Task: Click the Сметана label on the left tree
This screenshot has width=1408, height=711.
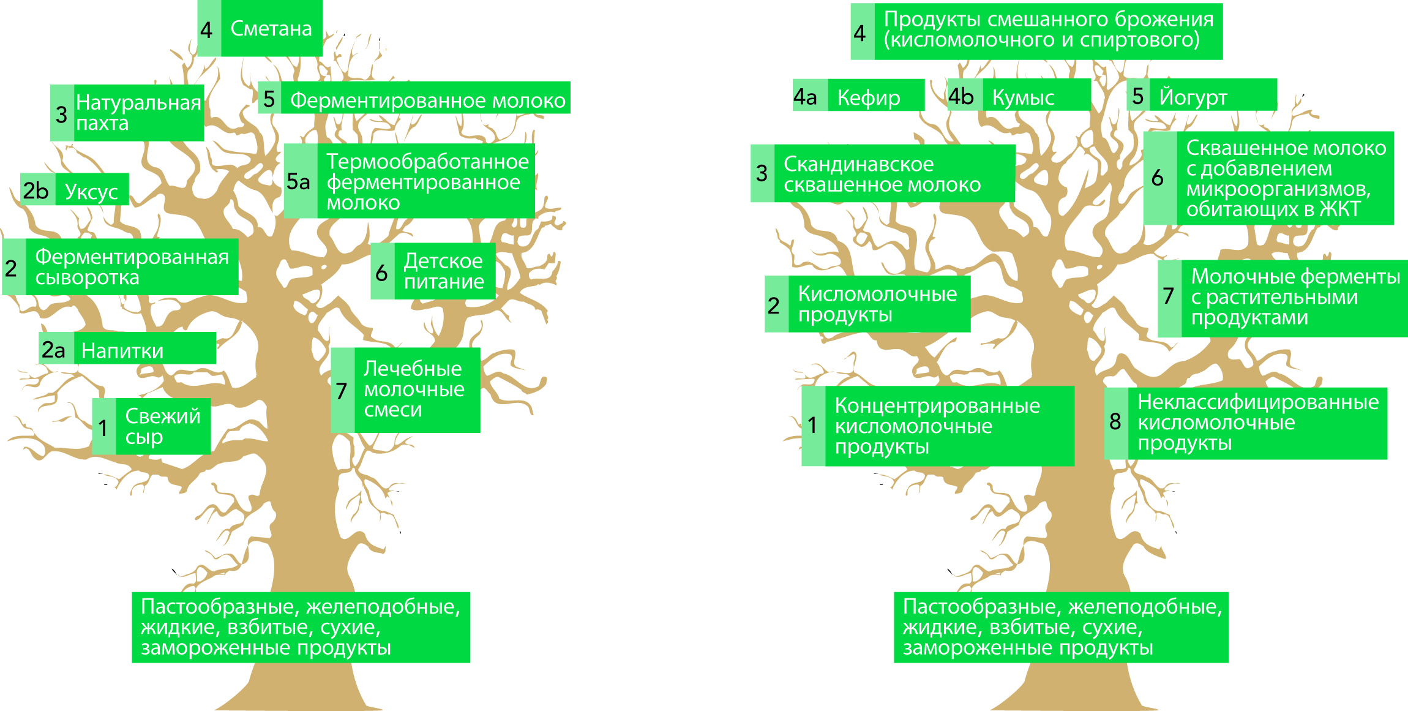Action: pyautogui.click(x=271, y=29)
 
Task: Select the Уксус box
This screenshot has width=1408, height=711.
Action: pyautogui.click(x=91, y=192)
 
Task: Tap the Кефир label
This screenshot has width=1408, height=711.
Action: pyautogui.click(x=869, y=97)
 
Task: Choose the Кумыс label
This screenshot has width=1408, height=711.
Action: pyautogui.click(x=1023, y=97)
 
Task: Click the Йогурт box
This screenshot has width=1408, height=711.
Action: pyautogui.click(x=1193, y=97)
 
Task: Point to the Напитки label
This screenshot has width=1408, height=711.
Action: pyautogui.click(x=122, y=350)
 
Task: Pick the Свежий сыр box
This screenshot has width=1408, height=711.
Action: pyautogui.click(x=162, y=426)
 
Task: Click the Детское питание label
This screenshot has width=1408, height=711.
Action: pyautogui.click(x=444, y=271)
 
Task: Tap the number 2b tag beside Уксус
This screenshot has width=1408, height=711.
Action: pyautogui.click(x=36, y=190)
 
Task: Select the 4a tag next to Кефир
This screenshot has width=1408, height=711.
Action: pyautogui.click(x=806, y=97)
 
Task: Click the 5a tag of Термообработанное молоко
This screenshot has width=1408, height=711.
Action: pyautogui.click(x=299, y=181)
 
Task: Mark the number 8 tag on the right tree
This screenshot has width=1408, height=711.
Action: pyautogui.click(x=1115, y=421)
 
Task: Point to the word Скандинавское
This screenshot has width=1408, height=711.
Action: pyautogui.click(x=858, y=164)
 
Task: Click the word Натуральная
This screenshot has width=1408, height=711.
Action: pyautogui.click(x=138, y=103)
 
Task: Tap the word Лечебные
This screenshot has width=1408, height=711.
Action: pyautogui.click(x=413, y=369)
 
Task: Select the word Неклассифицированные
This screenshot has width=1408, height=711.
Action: pyautogui.click(x=1258, y=402)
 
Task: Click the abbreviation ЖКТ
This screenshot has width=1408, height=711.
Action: pyautogui.click(x=1339, y=209)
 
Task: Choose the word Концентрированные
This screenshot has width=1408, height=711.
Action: pyautogui.click(x=937, y=405)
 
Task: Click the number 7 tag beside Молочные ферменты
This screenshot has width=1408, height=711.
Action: pyautogui.click(x=1169, y=296)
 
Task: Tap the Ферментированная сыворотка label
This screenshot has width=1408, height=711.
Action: pyautogui.click(x=132, y=267)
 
